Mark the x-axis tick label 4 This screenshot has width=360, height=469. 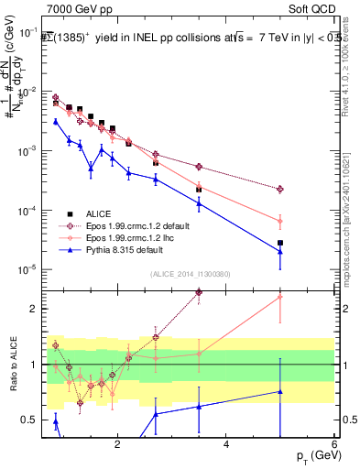point(226,444)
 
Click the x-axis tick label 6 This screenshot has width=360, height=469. point(334,444)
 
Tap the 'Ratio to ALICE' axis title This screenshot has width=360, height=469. point(12,365)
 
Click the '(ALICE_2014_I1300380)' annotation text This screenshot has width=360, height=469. point(189,273)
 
